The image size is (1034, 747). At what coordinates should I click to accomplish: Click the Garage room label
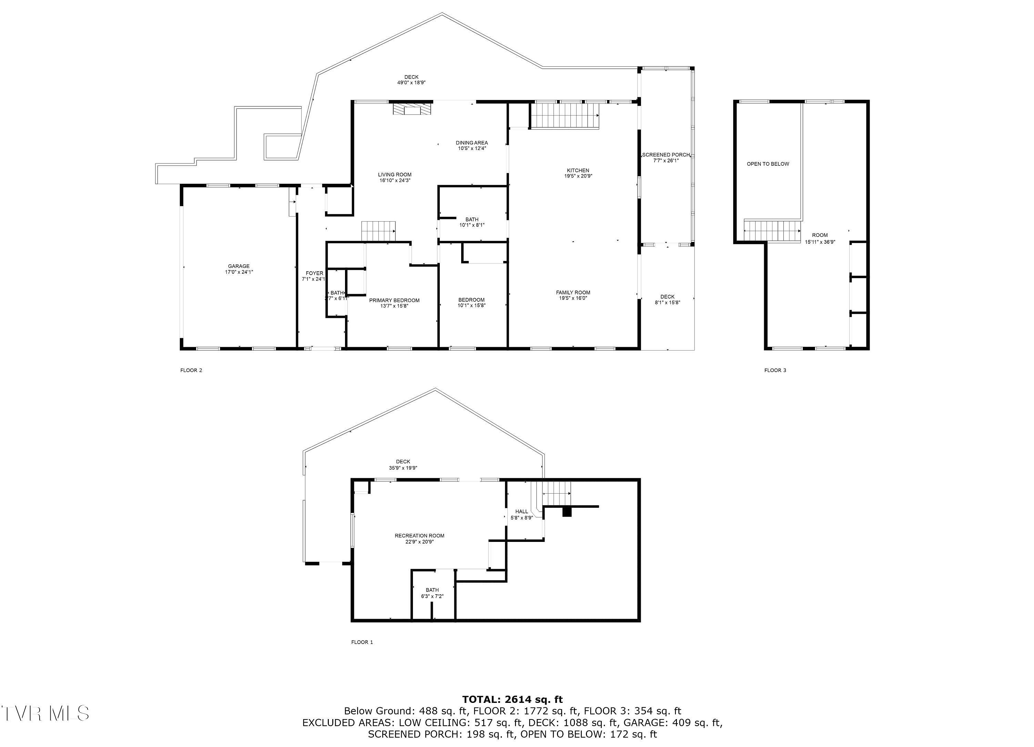point(239,269)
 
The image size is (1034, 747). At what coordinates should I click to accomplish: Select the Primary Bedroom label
point(394,303)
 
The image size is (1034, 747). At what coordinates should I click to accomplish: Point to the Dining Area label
point(472,145)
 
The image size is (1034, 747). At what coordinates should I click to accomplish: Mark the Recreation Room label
point(419,538)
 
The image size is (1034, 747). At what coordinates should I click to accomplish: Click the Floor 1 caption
point(362,642)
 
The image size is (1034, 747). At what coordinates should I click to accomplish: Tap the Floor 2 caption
point(191,370)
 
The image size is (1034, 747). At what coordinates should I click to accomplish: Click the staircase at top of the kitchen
point(565,116)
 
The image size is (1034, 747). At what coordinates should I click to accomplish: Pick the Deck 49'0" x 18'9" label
point(411,80)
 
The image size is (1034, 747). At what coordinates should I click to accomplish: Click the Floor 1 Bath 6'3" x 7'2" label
point(432,593)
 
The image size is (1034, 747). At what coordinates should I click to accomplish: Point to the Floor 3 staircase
point(772,230)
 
